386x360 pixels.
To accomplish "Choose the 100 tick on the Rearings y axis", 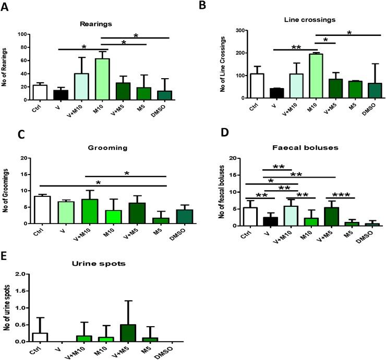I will coord(22,34).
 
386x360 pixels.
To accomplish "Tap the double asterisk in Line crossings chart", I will coord(295,47).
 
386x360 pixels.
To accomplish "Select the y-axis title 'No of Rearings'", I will coord(7,67).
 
